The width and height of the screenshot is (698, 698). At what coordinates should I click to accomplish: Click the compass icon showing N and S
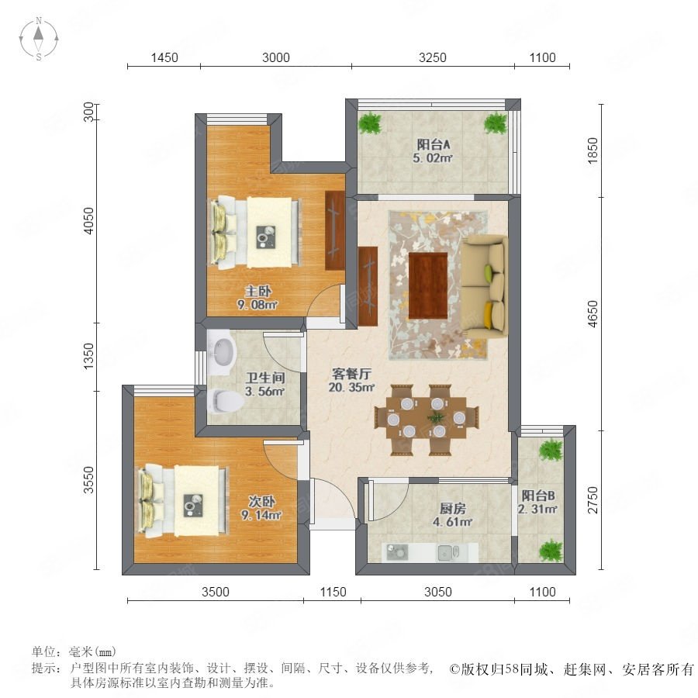[x=39, y=38]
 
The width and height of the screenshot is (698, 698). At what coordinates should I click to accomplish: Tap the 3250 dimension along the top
[x=432, y=57]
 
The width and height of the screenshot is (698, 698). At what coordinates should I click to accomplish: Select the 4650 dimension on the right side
[x=593, y=314]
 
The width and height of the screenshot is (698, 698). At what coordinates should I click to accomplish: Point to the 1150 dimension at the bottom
[x=333, y=592]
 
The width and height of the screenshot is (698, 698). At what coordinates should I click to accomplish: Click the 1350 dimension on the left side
[x=89, y=356]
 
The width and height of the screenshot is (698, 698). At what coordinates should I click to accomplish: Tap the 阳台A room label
[x=433, y=144]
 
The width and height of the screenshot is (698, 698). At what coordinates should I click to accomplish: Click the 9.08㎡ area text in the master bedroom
[x=257, y=305]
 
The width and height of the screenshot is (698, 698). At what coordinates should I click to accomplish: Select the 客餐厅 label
[x=351, y=374]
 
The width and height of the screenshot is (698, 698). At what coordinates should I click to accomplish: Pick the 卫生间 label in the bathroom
[x=265, y=378]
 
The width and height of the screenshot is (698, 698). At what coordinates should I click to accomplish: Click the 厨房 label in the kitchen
[x=452, y=508]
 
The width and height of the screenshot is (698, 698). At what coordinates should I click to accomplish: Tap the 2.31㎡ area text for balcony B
[x=537, y=509]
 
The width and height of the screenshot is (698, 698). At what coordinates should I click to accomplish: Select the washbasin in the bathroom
[x=223, y=351]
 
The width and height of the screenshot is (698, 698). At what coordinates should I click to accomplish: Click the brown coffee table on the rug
[x=428, y=285]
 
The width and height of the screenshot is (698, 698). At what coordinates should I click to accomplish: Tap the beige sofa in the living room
[x=484, y=288]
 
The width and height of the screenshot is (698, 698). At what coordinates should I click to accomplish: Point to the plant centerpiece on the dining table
[x=435, y=417]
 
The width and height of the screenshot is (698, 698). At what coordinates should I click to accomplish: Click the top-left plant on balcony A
[x=371, y=123]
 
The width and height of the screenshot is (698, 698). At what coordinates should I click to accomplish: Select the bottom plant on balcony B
[x=551, y=550]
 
